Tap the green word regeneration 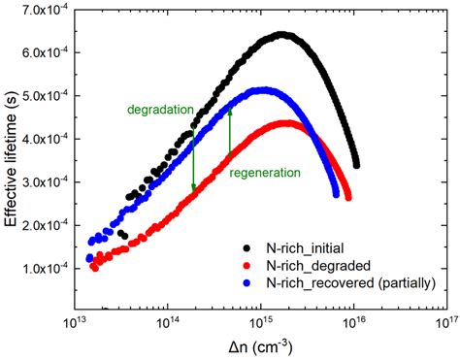click(x=264, y=172)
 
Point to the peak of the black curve click(x=281, y=35)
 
